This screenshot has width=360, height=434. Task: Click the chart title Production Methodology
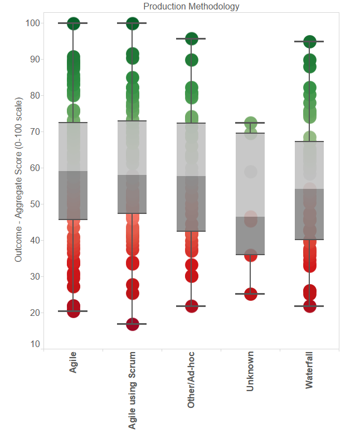(191, 7)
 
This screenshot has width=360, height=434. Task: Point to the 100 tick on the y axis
(33, 23)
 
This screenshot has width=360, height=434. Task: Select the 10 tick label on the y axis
(35, 344)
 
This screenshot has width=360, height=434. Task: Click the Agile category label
(73, 362)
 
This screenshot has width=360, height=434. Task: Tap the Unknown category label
(250, 371)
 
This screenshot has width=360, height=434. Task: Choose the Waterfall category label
(309, 370)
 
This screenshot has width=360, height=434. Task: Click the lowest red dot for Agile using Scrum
(132, 324)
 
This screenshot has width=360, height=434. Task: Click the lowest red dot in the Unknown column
(250, 294)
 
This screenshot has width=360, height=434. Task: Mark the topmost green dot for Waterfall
(309, 42)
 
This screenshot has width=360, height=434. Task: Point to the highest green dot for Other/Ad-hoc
(191, 39)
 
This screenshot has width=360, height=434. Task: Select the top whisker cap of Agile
(73, 23)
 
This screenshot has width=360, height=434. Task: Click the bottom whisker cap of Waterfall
(309, 306)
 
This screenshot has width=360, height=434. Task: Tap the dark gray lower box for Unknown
(250, 235)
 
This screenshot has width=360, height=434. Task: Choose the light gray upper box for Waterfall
(309, 165)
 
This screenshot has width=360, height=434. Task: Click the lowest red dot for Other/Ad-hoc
(191, 306)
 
